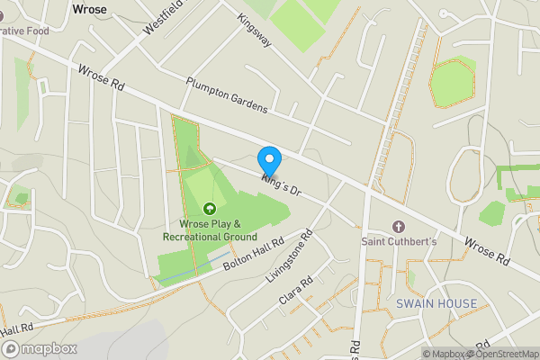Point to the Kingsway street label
(256, 31)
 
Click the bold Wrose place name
(88, 9)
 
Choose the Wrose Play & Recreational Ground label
(211, 229)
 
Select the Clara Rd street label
(295, 294)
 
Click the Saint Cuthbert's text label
(400, 241)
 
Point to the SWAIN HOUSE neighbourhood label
(436, 304)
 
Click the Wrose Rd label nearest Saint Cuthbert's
(487, 250)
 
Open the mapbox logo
(38, 348)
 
